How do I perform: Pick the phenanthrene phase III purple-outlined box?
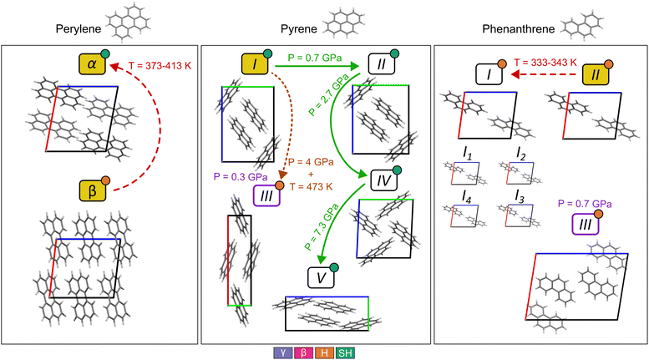[x=586, y=225]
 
